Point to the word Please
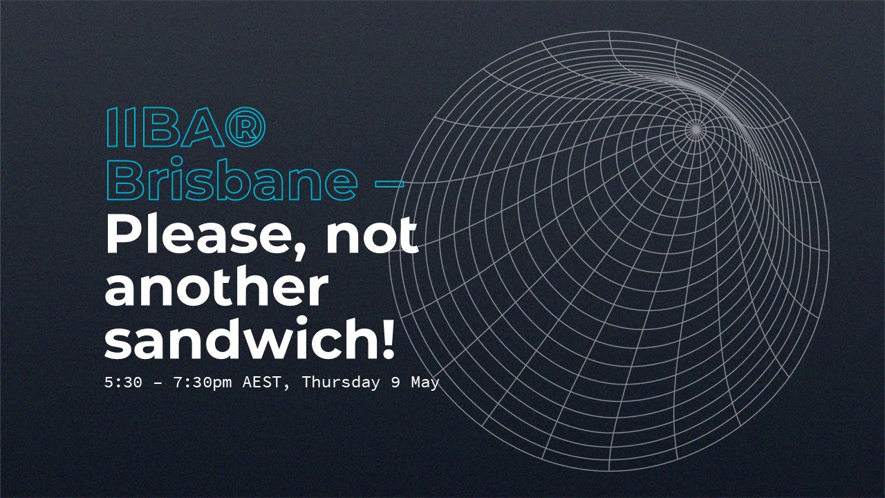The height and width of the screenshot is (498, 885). pyautogui.click(x=200, y=237)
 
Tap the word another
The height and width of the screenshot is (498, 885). pyautogui.click(x=216, y=288)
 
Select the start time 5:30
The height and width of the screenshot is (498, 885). pyautogui.click(x=123, y=382)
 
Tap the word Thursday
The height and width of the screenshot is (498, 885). pyautogui.click(x=341, y=382)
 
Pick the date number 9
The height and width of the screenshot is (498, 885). pyautogui.click(x=395, y=382)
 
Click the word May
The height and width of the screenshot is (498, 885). pyautogui.click(x=425, y=382)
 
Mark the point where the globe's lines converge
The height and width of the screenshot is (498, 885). pyautogui.click(x=696, y=128)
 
